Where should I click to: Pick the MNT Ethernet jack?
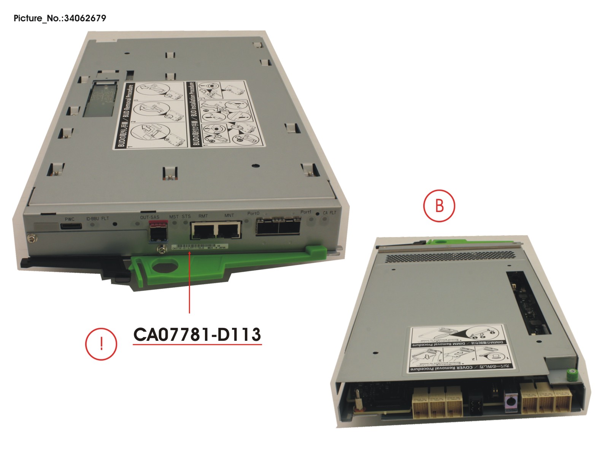point(229,230)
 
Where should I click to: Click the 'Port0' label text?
point(253,214)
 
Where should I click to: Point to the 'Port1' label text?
point(306,212)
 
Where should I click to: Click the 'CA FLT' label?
point(329,213)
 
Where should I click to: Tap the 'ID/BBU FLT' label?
point(97,218)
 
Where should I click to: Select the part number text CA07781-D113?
point(197,335)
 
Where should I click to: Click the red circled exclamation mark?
point(101,344)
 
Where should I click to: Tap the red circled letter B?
point(439,206)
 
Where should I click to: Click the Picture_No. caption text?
point(60,18)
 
